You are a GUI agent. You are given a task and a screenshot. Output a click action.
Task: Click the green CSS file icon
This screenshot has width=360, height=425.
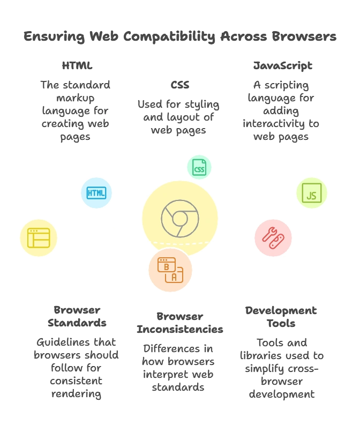pos(199,167)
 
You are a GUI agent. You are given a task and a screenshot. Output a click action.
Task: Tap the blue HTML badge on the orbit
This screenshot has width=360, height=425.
pos(96,193)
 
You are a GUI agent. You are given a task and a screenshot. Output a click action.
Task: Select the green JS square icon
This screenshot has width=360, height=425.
pos(312,193)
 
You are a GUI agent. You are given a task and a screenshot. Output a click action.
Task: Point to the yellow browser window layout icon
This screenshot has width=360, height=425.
pos(38,237)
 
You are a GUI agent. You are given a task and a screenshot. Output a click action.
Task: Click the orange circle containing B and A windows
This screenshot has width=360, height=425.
pos(170,270)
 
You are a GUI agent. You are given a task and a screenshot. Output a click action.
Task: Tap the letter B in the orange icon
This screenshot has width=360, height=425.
pos(166,266)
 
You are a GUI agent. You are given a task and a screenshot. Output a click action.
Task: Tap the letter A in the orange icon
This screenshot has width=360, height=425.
pos(174,277)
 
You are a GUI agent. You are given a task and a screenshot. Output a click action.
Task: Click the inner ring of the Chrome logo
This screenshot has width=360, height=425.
pos(180,219)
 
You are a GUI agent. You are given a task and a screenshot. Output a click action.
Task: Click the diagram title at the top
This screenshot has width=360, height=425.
pos(180,36)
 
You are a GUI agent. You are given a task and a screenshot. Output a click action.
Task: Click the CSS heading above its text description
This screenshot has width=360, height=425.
pos(179,84)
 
